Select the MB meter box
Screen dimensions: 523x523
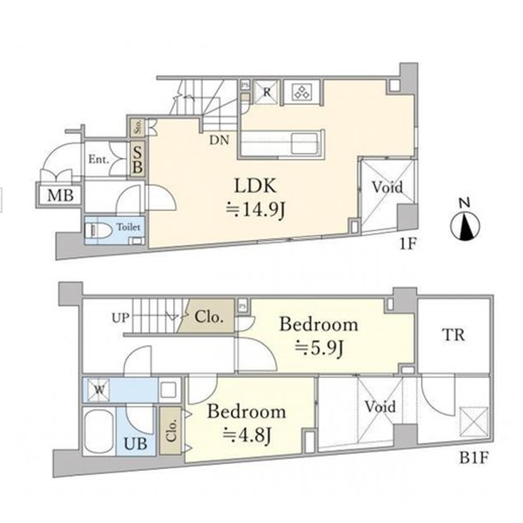pos(59,195)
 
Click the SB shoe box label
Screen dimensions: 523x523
pos(137,157)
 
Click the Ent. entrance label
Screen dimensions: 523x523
pos(98,160)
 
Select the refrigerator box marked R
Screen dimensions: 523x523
pos(266,91)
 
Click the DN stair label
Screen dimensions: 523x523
pos(219,140)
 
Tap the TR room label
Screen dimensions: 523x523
pos(453,335)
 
